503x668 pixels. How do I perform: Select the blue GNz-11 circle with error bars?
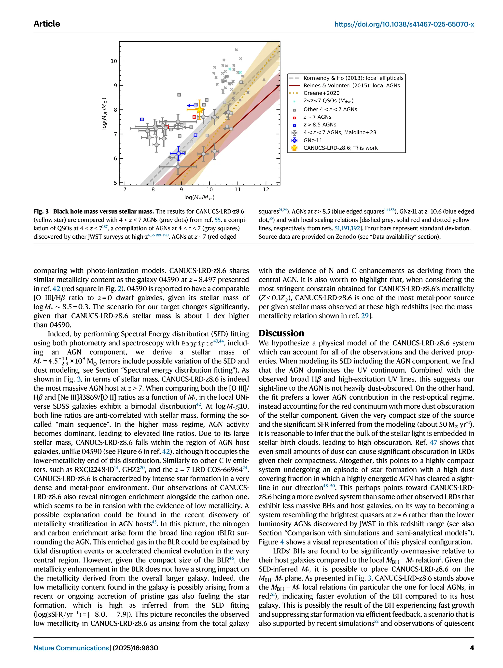pyautogui.click(x=179, y=153)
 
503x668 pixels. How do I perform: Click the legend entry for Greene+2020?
pyautogui.click(x=321, y=93)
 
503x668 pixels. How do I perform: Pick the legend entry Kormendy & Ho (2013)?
pyautogui.click(x=353, y=78)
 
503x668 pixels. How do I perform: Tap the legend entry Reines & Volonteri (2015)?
pyautogui.click(x=351, y=85)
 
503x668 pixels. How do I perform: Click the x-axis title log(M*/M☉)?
pyautogui.click(x=199, y=197)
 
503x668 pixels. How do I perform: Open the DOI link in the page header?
pyautogui.click(x=404, y=24)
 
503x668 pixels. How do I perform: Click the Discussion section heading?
pyautogui.click(x=281, y=333)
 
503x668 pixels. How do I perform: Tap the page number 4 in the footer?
pyautogui.click(x=472, y=648)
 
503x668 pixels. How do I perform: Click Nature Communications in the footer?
pyautogui.click(x=71, y=648)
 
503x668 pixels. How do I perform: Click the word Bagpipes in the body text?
pyautogui.click(x=197, y=343)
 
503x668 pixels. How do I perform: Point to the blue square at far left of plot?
pyautogui.click(x=142, y=119)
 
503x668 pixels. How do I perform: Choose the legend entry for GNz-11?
pyautogui.click(x=313, y=140)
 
